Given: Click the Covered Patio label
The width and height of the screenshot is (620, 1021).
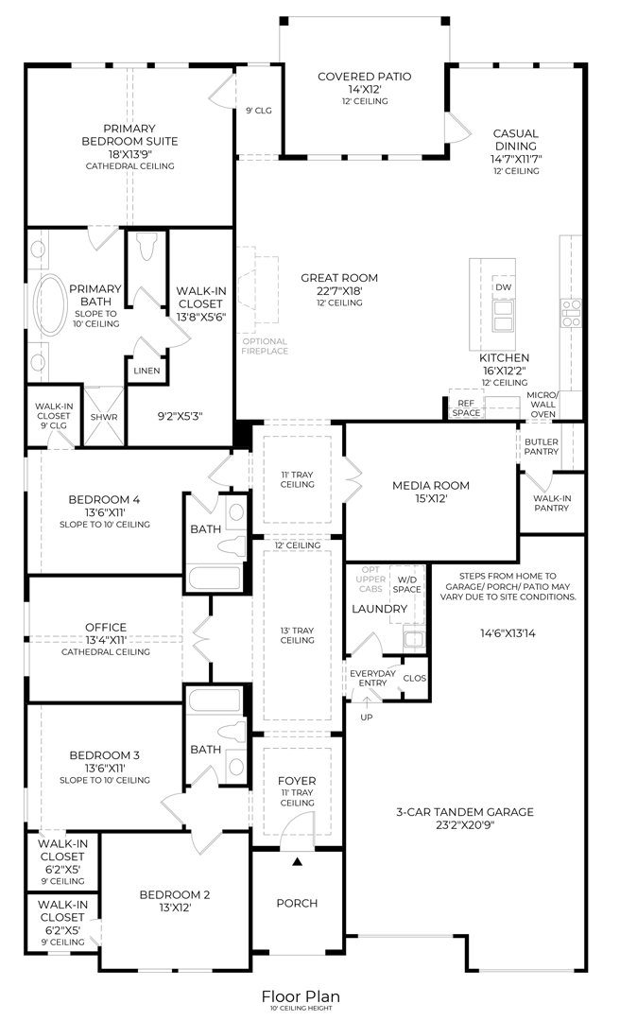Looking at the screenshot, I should coord(364,77).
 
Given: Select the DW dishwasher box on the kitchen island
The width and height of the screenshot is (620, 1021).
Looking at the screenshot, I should coord(503,286).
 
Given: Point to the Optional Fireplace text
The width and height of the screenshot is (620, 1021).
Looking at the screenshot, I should coord(265,346).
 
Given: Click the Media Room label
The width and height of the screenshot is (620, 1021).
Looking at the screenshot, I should coord(431,486).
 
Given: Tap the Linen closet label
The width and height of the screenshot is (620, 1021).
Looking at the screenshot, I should coord(146,371).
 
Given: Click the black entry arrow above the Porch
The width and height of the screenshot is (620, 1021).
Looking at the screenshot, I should coord(298,861).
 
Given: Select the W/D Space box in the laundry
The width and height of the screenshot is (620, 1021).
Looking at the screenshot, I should coord(408,584).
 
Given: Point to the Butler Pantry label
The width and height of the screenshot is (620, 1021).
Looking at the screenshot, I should coord(542,446).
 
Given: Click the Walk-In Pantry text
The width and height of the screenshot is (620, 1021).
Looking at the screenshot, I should coord(551,502).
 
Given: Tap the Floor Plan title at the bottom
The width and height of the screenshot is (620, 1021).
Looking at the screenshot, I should coord(301,996).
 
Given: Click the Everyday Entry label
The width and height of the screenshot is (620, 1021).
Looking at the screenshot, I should coord(367,677).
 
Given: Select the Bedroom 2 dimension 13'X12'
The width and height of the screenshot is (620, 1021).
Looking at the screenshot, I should coord(175,908).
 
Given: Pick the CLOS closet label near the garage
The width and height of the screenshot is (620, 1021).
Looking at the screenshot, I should coord(414,678).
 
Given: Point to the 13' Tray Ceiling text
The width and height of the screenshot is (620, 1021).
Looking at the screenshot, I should coord(297,635).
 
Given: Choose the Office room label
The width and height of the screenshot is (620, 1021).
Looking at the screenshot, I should coord(105,627).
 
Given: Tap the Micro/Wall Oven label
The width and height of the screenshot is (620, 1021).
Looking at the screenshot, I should coord(542,404).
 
